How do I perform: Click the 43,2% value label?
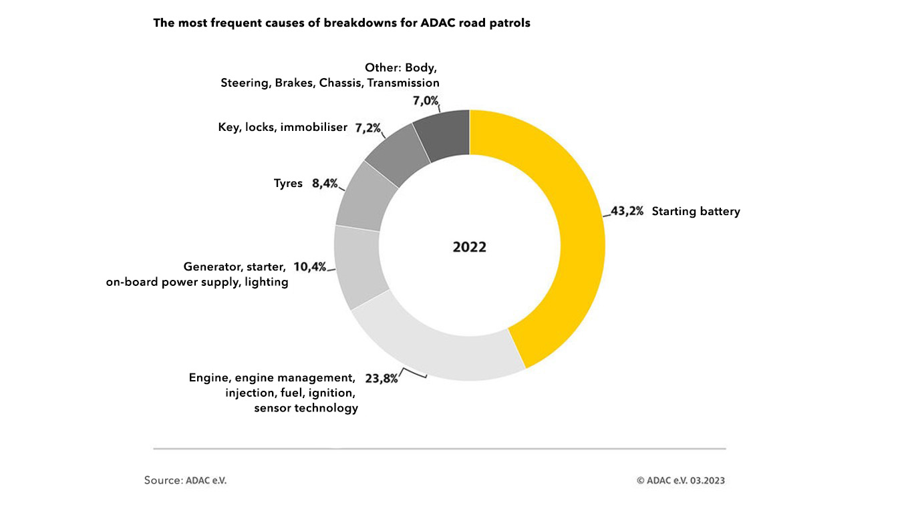[x=627, y=212]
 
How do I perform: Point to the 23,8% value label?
[x=382, y=378]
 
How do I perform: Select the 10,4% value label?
[x=309, y=267]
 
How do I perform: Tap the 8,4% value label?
[x=324, y=183]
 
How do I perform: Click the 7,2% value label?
[x=367, y=127]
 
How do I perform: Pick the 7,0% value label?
[x=425, y=101]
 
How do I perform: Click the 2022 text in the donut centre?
[x=470, y=247]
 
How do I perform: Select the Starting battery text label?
[x=696, y=212]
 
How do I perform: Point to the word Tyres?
[x=288, y=183]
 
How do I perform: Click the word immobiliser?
[x=314, y=127]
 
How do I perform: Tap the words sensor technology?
[x=306, y=408]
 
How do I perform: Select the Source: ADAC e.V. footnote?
[x=185, y=480]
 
